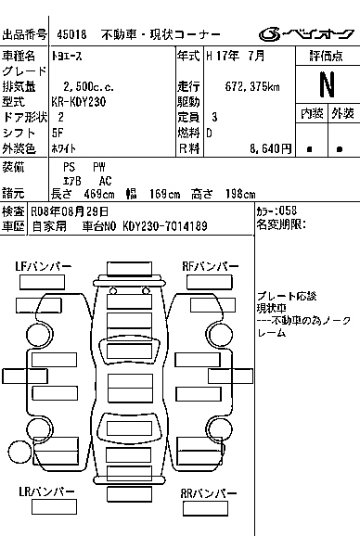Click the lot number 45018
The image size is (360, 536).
point(71,34)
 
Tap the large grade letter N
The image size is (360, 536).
point(327,84)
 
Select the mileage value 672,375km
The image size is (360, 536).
point(252,86)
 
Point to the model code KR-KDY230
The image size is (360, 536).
point(79,102)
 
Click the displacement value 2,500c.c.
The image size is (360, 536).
point(88,87)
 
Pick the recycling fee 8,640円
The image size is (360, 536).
point(270,148)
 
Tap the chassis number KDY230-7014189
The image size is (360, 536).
point(165,226)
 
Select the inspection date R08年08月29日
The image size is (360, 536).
point(70,211)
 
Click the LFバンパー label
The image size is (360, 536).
point(44,266)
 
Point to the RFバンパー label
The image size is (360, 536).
point(211,266)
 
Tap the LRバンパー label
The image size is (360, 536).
point(46,491)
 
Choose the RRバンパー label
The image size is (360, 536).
point(209,493)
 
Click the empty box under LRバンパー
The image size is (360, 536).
point(54,507)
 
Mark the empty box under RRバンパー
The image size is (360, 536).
point(205,509)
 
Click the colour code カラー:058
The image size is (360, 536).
point(276,211)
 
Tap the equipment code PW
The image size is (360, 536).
point(99,167)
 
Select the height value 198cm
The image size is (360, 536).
point(240,194)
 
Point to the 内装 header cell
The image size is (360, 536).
point(312,113)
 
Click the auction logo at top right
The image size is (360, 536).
point(306,33)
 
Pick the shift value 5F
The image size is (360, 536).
point(58,133)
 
